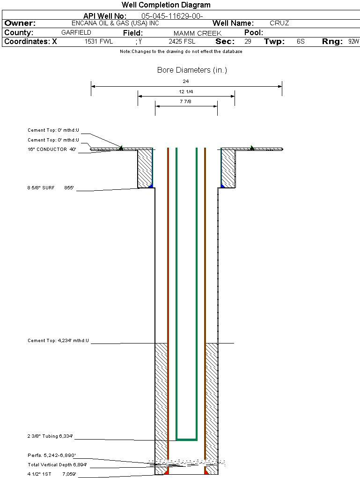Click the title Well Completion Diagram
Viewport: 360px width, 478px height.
(166, 5)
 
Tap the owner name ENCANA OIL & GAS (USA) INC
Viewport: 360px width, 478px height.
(115, 23)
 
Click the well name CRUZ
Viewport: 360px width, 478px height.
(279, 23)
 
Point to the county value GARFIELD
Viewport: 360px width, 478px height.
(76, 33)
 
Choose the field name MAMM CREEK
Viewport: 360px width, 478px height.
(198, 33)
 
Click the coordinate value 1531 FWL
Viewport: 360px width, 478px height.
(99, 42)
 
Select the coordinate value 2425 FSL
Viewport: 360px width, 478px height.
(181, 42)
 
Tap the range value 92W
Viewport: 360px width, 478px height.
(353, 42)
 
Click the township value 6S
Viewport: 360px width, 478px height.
(301, 42)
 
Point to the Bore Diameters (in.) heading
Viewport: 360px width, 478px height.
(192, 70)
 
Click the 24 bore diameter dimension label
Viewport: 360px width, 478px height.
(186, 82)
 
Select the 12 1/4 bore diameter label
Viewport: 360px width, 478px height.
(186, 91)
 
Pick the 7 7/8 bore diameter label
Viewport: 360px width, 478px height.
(186, 101)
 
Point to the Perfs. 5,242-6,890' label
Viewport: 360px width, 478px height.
(52, 455)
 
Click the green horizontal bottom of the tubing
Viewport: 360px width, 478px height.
(186, 440)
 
